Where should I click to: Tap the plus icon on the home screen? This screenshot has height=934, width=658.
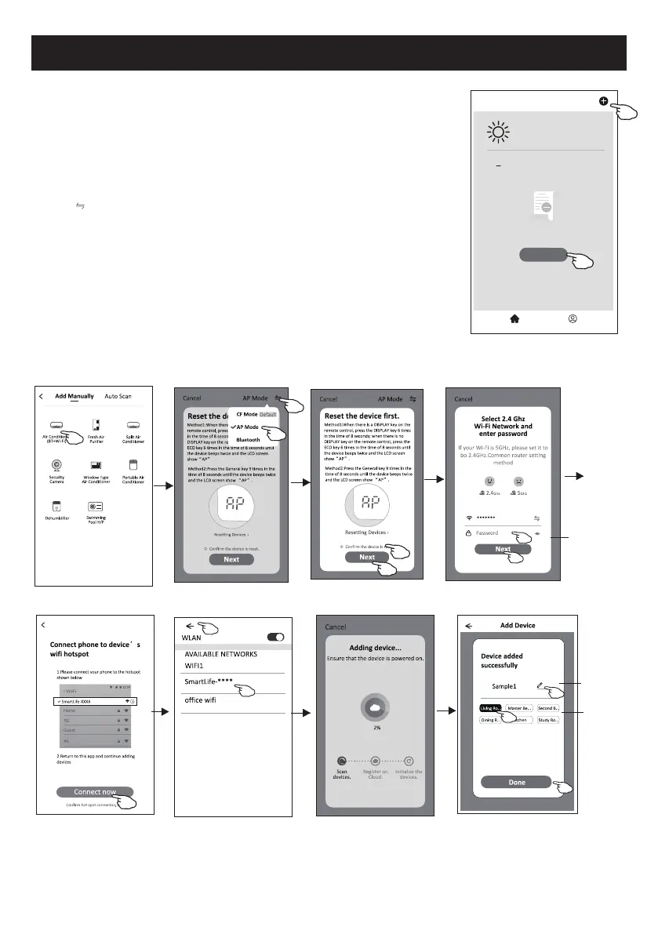(x=603, y=100)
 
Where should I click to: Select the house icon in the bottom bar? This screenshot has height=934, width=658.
(x=516, y=319)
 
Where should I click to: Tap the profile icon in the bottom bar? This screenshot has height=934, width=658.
(x=573, y=319)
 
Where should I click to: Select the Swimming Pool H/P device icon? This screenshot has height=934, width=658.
(x=95, y=507)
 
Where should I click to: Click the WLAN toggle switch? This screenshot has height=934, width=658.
(x=275, y=638)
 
